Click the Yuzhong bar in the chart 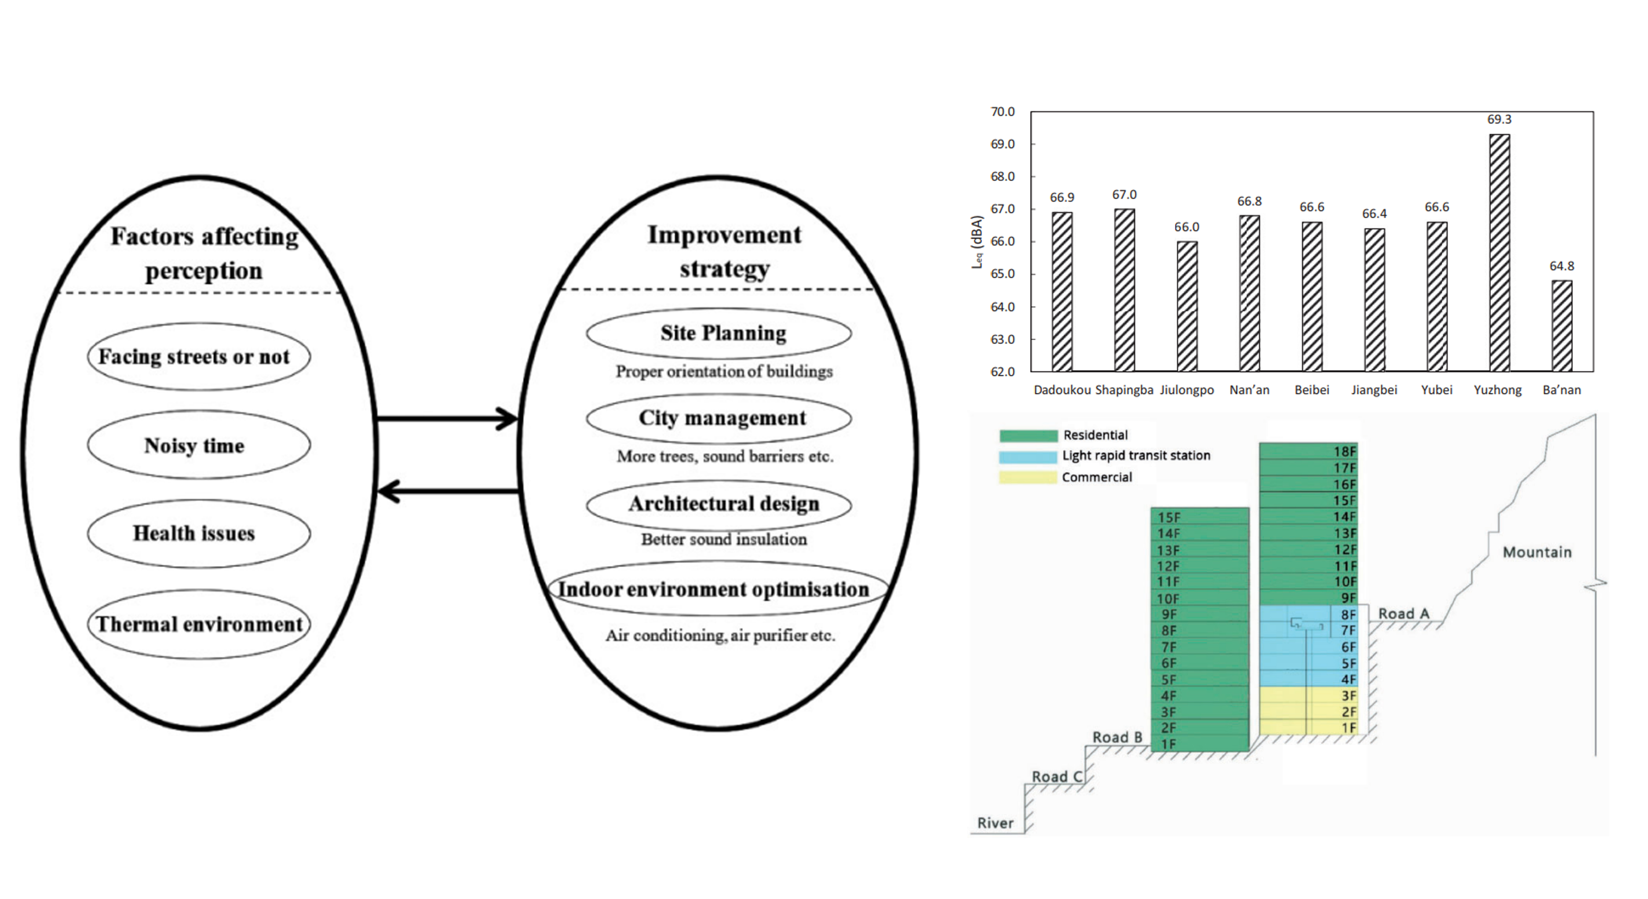click(x=1499, y=253)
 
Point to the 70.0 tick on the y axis click(x=1003, y=112)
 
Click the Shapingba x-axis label click(x=1124, y=390)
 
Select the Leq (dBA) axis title click(x=976, y=242)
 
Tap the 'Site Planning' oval click(x=718, y=333)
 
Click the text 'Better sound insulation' click(x=724, y=540)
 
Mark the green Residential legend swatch click(x=1028, y=436)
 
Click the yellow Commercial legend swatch click(x=1028, y=477)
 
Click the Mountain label click(x=1537, y=552)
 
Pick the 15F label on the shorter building click(x=1169, y=517)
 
